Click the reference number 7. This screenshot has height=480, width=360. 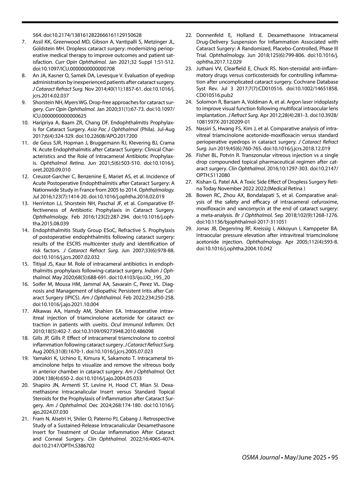(23, 41)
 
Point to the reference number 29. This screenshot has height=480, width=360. (188, 229)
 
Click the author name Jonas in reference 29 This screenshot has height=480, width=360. (202, 229)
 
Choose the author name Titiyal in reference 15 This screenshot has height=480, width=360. (39, 264)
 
